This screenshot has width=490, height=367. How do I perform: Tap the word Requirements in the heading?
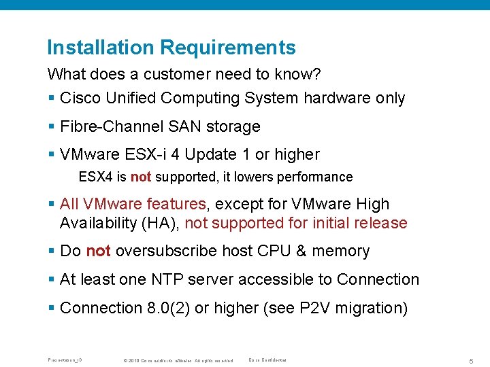tap(228, 48)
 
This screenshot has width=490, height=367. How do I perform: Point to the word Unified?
tap(130, 98)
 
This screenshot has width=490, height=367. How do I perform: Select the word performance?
tap(315, 177)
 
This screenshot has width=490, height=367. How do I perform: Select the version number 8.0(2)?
tap(168, 308)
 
